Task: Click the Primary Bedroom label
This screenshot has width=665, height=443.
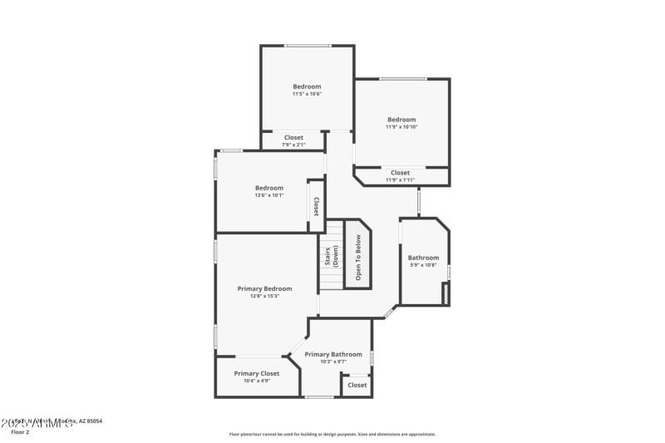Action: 264,288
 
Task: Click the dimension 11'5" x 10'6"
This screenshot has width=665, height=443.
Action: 307,94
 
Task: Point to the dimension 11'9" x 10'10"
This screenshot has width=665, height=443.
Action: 401,127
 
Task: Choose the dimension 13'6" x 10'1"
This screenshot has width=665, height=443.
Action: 268,195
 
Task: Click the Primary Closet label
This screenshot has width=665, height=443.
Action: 256,373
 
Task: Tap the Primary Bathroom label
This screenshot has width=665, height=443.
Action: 332,354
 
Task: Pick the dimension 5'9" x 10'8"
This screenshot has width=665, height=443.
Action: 423,265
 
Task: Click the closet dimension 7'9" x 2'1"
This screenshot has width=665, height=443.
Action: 293,145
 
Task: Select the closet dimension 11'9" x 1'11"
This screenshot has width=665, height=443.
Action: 400,180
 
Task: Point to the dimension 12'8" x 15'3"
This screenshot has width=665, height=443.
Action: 264,296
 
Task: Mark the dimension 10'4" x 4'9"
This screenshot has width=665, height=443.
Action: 256,381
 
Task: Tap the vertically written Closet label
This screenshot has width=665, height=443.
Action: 316,205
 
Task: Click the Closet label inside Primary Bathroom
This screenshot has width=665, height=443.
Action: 357,385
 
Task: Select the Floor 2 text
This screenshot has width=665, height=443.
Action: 19,432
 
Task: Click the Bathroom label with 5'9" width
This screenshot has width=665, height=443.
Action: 423,258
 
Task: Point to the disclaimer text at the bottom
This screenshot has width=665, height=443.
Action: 332,434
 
